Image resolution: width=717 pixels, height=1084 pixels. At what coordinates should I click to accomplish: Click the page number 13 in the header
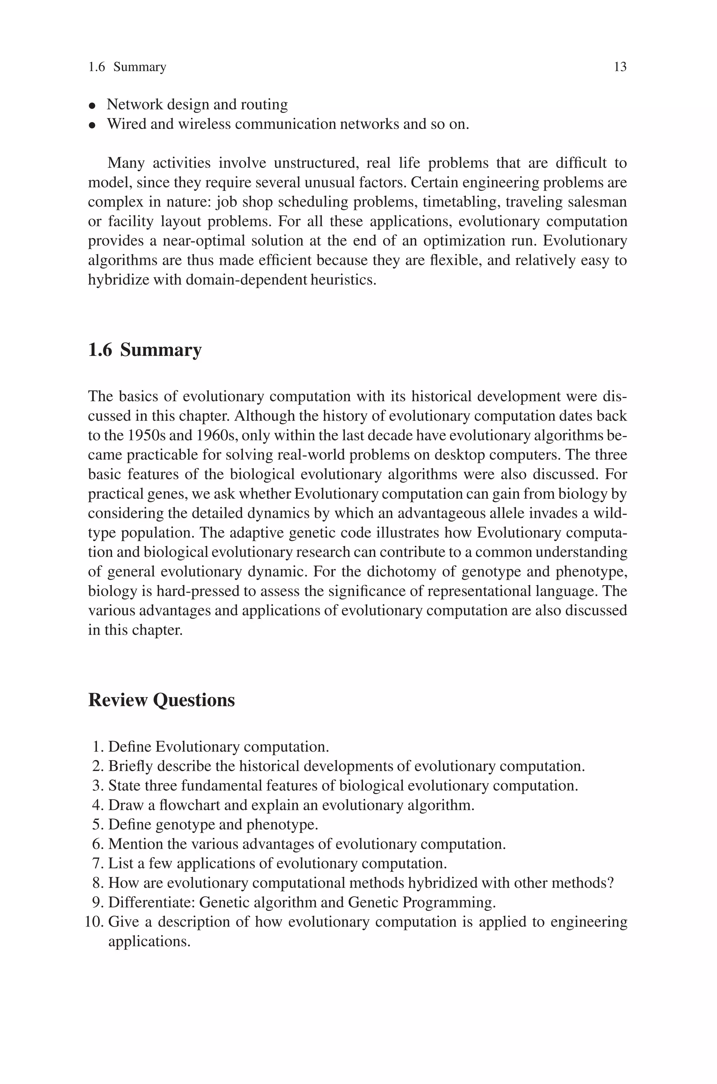(x=620, y=67)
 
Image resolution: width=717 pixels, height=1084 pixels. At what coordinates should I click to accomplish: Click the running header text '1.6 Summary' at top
(x=127, y=67)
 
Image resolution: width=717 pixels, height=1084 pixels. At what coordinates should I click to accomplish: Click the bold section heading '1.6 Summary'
(x=145, y=350)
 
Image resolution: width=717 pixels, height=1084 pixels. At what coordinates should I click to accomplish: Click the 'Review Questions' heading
(x=161, y=700)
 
